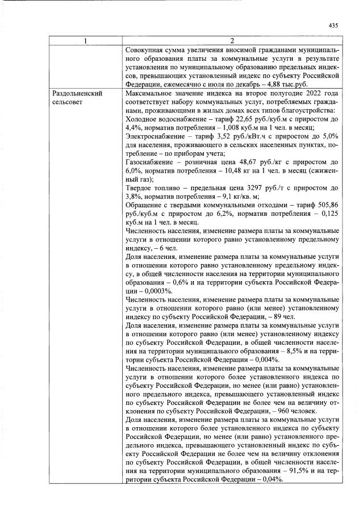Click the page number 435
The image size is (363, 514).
[x=333, y=24]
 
